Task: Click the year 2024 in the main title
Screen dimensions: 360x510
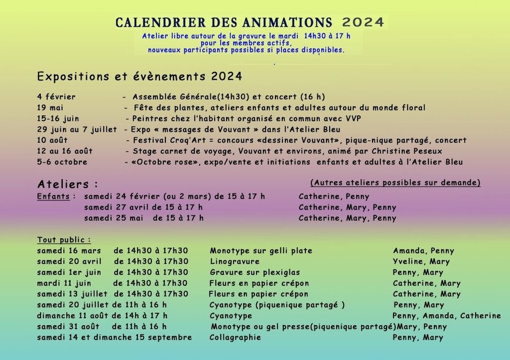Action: pos(363,22)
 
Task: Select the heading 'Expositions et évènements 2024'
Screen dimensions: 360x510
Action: pos(140,77)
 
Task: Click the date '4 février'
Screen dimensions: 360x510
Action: pos(56,97)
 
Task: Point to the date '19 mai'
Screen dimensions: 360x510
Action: pos(50,108)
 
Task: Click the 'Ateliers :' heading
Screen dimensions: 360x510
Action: pos(68,184)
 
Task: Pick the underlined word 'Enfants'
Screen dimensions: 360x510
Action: pos(53,196)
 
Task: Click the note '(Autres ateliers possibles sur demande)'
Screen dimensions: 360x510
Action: pos(395,182)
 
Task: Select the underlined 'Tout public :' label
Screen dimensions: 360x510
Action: pos(64,239)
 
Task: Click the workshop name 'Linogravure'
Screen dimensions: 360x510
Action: pos(235,262)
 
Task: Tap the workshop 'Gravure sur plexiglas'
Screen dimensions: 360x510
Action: pos(255,273)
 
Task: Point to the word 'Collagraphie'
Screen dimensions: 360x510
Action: pos(235,337)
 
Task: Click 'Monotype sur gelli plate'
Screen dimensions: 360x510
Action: pos(261,251)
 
